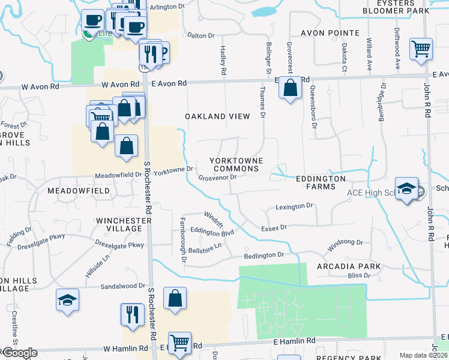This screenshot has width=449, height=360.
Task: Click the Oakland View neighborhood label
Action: click(217, 116)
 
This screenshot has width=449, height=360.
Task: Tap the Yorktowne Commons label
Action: click(234, 164)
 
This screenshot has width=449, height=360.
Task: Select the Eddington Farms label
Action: click(321, 182)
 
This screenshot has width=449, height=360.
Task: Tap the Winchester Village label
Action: click(123, 225)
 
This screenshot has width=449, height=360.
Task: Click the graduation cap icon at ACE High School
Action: click(406, 188)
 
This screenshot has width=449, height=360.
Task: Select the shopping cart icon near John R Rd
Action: click(421, 49)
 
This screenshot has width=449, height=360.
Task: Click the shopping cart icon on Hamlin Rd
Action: click(179, 343)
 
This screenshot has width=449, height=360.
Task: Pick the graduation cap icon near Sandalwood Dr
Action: click(67, 300)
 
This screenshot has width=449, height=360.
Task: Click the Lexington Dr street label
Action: click(295, 206)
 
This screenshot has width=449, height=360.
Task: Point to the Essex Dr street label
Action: click(274, 228)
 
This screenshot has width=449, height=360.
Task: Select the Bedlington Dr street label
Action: click(264, 255)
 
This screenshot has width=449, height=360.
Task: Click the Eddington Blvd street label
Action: click(211, 230)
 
